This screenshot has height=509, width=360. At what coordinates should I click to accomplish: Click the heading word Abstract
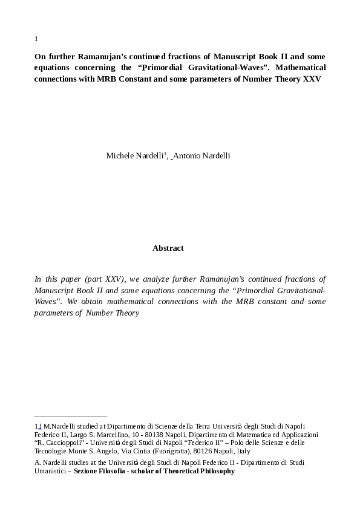[168, 248]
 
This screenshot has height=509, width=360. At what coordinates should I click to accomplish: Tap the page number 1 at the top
[36, 39]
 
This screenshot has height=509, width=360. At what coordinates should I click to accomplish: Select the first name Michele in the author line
[120, 155]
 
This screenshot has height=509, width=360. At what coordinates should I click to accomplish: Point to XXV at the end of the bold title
[312, 79]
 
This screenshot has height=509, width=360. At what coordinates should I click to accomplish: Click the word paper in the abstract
[74, 279]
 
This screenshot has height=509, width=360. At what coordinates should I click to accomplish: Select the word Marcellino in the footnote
[122, 434]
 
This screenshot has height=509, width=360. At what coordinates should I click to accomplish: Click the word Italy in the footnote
[243, 451]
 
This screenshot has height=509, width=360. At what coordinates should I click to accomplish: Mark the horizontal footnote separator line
[71, 416]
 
